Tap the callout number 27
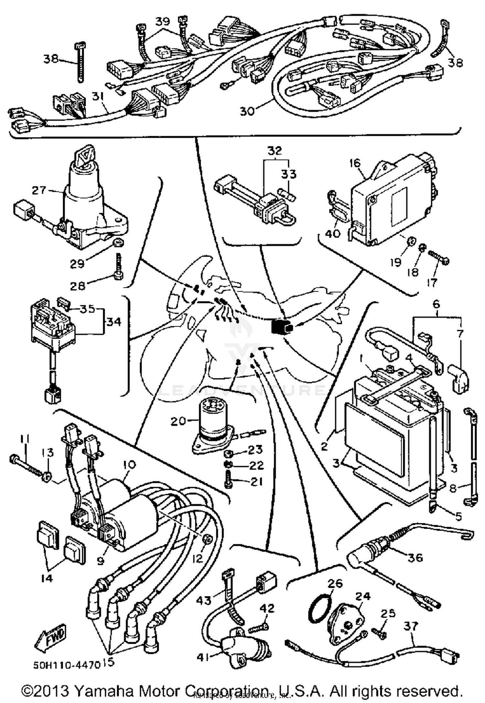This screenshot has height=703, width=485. [x=39, y=190]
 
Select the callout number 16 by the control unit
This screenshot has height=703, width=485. [x=355, y=163]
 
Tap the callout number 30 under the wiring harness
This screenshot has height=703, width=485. [x=247, y=111]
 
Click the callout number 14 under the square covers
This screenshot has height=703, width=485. [x=47, y=578]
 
